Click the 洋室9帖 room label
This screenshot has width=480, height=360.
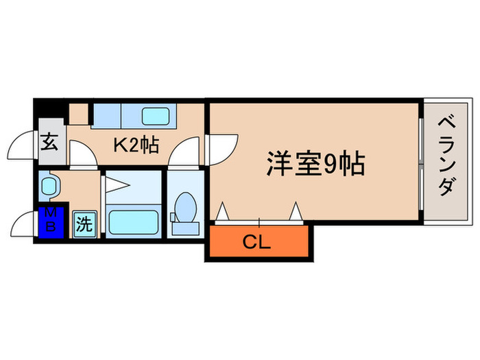coord(315,164)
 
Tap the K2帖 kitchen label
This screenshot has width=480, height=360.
coord(136,145)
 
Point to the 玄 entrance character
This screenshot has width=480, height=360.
coord(50,143)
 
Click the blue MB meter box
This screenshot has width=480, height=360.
coord(50,220)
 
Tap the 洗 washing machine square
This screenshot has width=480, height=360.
coord(84,224)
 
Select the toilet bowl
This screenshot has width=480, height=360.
coord(185,206)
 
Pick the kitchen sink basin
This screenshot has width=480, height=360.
coord(155,115)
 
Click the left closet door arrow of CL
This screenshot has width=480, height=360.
coord(222,213)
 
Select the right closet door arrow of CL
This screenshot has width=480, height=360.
coord(296,212)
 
